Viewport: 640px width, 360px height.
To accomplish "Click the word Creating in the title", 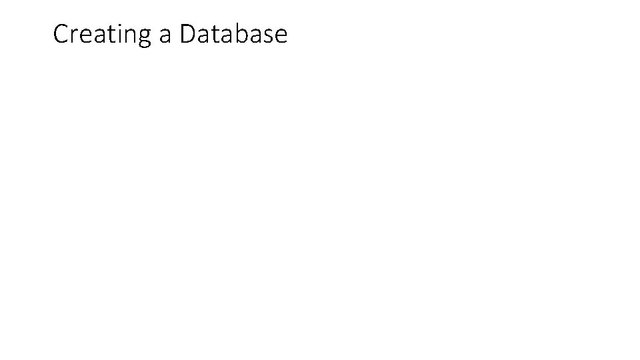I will point(103,34).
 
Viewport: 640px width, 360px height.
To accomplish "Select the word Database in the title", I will point(233,34).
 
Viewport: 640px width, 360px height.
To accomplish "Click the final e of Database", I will point(279,36).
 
